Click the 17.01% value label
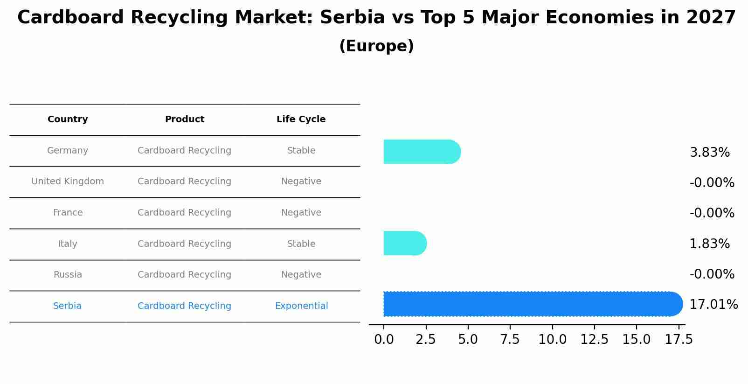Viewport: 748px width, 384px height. point(713,305)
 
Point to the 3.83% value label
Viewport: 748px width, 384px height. point(709,153)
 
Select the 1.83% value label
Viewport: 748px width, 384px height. point(709,244)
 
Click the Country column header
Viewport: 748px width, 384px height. point(68,119)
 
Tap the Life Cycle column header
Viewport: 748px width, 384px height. point(301,119)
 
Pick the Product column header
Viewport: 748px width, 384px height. point(185,119)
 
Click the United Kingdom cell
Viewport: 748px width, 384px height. point(68,182)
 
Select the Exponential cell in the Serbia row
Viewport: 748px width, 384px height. point(301,306)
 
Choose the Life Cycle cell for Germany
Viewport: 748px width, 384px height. point(301,151)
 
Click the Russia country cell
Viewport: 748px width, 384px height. point(68,275)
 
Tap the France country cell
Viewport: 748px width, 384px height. point(68,213)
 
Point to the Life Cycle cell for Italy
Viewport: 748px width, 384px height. point(301,244)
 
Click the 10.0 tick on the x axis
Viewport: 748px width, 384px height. point(552,340)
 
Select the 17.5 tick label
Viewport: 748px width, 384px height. point(679,340)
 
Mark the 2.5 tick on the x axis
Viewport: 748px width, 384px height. point(426,340)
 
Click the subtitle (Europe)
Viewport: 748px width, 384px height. point(376,46)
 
